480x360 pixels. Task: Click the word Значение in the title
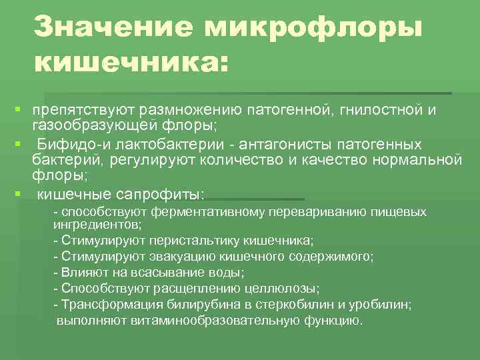(x=113, y=28)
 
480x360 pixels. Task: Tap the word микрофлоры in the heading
(x=314, y=28)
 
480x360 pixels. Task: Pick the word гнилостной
(x=379, y=108)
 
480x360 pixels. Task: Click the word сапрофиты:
(x=160, y=195)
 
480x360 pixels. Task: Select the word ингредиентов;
(x=97, y=225)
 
